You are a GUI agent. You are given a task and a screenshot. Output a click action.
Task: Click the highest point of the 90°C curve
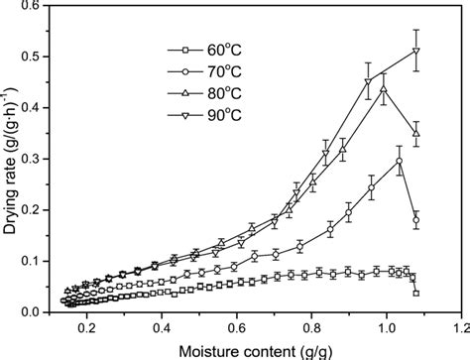click(x=416, y=51)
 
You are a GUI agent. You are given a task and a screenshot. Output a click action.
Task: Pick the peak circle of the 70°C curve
click(x=399, y=161)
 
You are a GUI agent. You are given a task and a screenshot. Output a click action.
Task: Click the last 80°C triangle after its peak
click(x=416, y=133)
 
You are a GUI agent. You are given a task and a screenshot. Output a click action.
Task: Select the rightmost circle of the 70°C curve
click(x=416, y=220)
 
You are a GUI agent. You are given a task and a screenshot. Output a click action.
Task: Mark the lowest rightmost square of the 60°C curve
click(x=416, y=294)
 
